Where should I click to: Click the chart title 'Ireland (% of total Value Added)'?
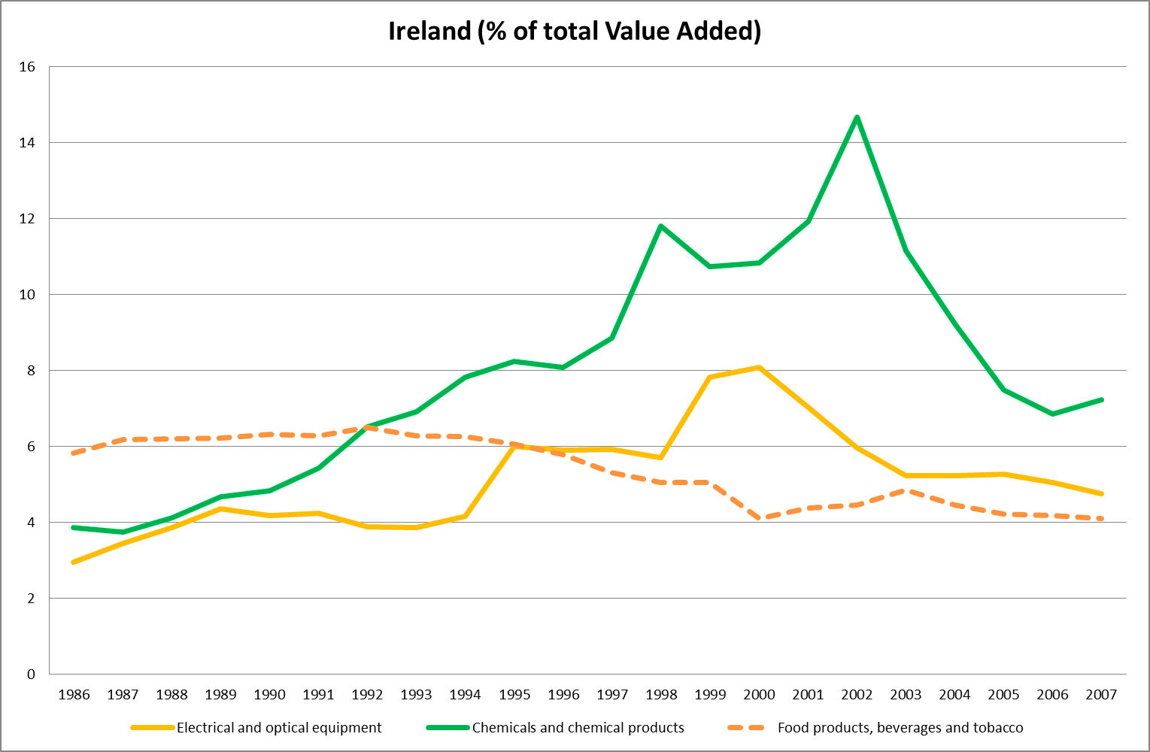point(575,32)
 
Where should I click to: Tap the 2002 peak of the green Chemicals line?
point(857,117)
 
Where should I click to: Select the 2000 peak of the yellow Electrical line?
point(759,368)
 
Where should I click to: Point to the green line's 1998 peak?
point(660,226)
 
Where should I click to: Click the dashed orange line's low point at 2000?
point(759,518)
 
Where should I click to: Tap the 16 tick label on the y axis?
point(27,67)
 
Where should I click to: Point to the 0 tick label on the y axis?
point(31,674)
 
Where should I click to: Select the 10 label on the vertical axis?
point(27,295)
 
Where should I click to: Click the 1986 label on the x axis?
point(74,695)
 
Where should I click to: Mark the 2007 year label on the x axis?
point(1101,695)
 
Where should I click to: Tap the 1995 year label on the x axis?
point(514,695)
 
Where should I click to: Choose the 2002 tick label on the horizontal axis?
point(857,695)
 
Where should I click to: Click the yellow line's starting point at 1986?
point(74,562)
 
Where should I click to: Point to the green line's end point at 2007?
point(1101,400)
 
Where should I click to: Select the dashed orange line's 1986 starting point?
point(74,453)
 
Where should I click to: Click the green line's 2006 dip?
point(1052,414)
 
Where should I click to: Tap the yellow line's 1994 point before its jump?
point(466,516)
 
